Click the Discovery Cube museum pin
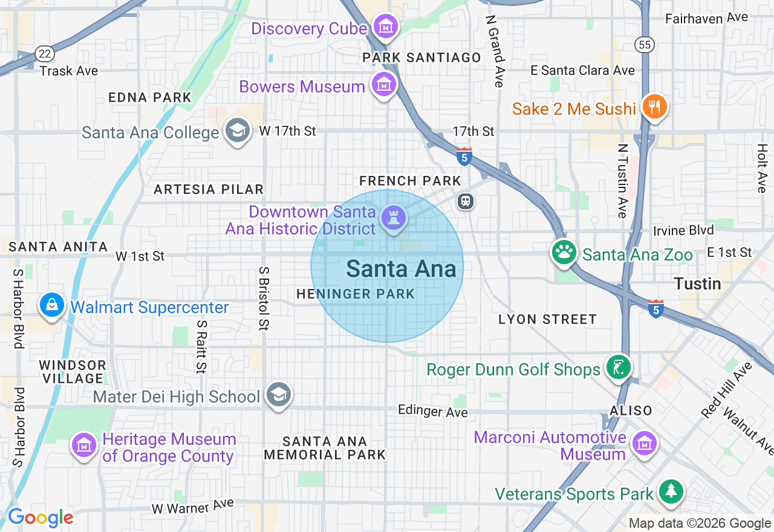pyautogui.click(x=385, y=27)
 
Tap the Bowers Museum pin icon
pyautogui.click(x=383, y=85)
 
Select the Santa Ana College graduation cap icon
pyautogui.click(x=237, y=131)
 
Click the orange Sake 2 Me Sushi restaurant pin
pyautogui.click(x=654, y=107)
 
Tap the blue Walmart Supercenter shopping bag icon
pyautogui.click(x=53, y=305)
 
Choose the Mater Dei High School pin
pyautogui.click(x=279, y=395)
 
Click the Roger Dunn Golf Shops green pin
pyautogui.click(x=618, y=368)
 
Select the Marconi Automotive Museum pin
pyautogui.click(x=645, y=444)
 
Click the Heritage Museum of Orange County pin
pyautogui.click(x=85, y=446)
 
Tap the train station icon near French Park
pyautogui.click(x=465, y=201)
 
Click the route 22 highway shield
pyautogui.click(x=44, y=54)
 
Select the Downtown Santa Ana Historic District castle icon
pyautogui.click(x=393, y=219)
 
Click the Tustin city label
pyautogui.click(x=697, y=284)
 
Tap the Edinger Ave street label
pyautogui.click(x=432, y=411)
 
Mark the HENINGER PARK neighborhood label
pyautogui.click(x=356, y=294)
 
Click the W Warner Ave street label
pyautogui.click(x=192, y=507)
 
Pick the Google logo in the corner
pyautogui.click(x=41, y=518)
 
